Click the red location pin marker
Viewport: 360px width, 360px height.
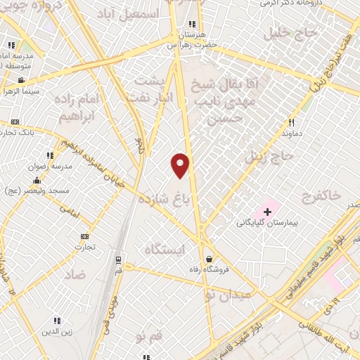pos(181,165)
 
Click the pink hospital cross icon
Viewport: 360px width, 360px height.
pos(267,210)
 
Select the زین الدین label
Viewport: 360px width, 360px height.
pos(57,330)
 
